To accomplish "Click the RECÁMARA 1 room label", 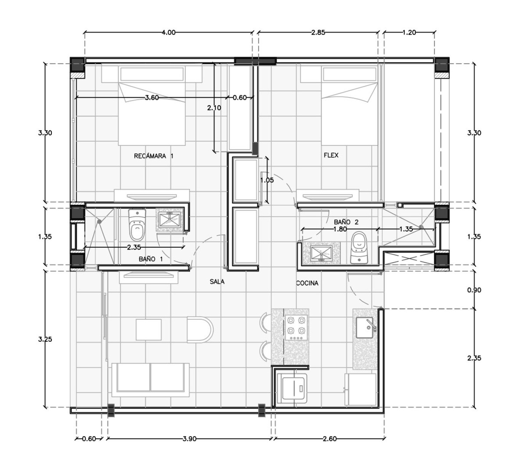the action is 153,156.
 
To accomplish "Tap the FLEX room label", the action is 331,155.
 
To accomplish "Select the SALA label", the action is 217,281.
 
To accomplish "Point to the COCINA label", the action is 307,283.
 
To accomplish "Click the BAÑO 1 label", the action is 151,259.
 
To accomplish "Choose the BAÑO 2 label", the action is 346,222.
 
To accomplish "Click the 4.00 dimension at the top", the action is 169,32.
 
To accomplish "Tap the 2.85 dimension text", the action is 318,32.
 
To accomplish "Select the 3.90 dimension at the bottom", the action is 189,439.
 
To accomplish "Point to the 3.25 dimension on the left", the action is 45,339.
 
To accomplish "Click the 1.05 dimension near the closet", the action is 267,180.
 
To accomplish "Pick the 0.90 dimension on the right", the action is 474,290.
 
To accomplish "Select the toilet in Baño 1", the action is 137,225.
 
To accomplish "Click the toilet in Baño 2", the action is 359,248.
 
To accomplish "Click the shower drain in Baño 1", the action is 99,222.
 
